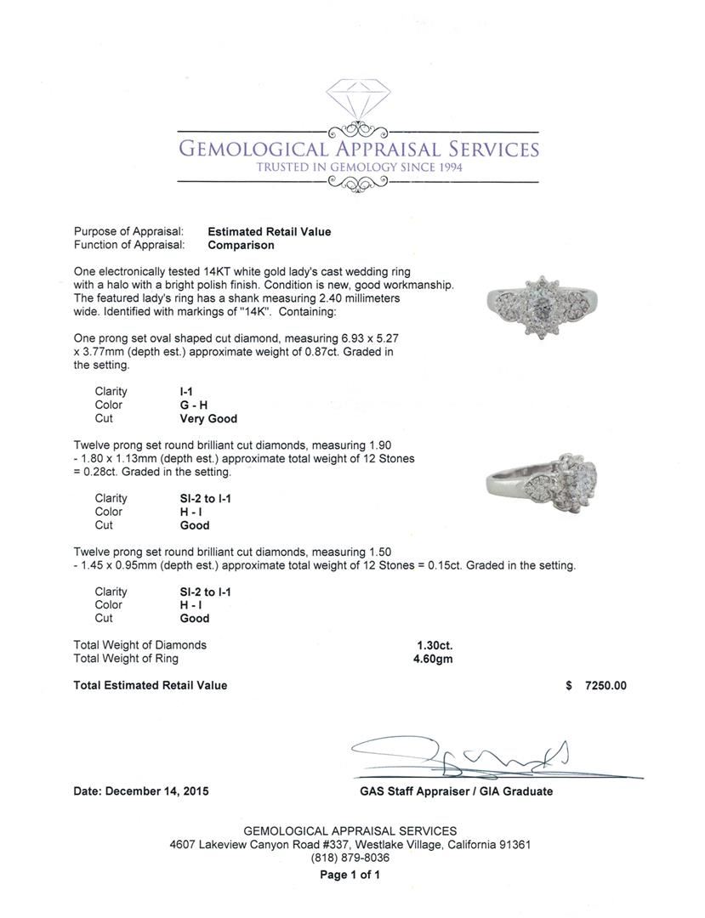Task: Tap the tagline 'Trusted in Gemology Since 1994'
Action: pos(359,167)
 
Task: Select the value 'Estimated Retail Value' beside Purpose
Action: pos(270,231)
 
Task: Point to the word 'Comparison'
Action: pos(242,245)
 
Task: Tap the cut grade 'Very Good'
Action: pos(208,418)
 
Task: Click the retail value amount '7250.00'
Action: pos(606,685)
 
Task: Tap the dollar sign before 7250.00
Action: pos(568,685)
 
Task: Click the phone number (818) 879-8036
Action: pos(350,858)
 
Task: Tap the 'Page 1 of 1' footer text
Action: pos(350,875)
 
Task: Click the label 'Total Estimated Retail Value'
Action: pos(151,685)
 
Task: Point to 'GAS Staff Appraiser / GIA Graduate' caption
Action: pos(456,791)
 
